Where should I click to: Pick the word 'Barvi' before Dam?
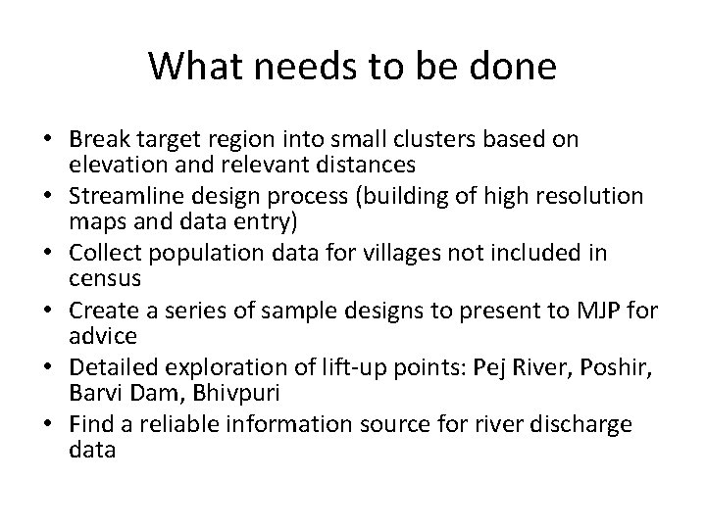(95, 391)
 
